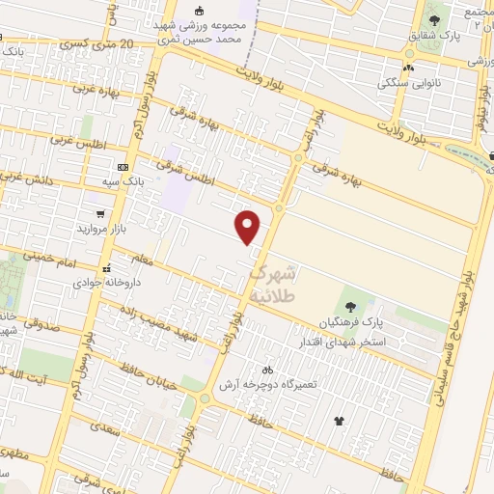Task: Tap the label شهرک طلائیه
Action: click(x=277, y=284)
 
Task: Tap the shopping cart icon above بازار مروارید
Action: click(x=100, y=213)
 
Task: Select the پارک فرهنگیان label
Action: click(x=353, y=322)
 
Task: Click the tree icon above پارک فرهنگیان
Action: click(x=349, y=306)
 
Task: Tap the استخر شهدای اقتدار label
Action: click(x=371, y=341)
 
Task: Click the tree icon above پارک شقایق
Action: click(x=434, y=19)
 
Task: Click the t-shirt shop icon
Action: click(x=339, y=420)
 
